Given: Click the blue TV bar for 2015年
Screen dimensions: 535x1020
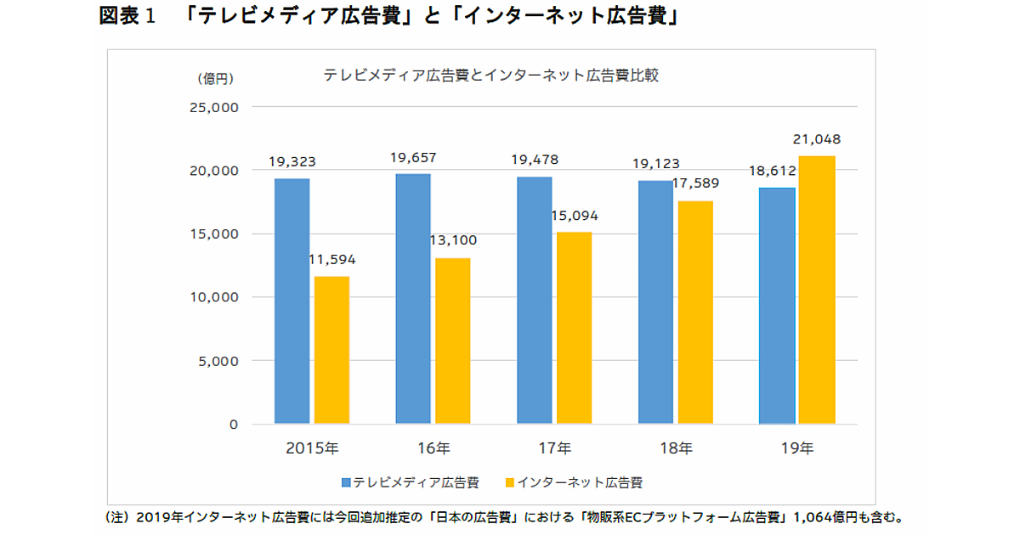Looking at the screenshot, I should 292,301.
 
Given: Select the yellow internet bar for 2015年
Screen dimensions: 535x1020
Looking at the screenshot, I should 331,350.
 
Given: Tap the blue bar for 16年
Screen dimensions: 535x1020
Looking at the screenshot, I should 413,298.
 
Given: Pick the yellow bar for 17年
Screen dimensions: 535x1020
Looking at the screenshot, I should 574,328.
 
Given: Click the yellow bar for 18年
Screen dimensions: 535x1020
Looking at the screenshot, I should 695,312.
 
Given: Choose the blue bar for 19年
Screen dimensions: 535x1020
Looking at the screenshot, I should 777,306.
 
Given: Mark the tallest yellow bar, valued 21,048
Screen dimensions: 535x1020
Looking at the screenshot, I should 817,290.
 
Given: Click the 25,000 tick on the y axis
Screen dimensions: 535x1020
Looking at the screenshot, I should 217,108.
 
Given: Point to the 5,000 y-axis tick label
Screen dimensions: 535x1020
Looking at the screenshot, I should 220,361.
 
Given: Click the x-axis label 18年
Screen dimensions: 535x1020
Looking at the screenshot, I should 675,448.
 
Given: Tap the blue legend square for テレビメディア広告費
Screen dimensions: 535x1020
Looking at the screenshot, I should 347,483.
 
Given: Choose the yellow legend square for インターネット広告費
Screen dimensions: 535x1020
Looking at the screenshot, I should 510,483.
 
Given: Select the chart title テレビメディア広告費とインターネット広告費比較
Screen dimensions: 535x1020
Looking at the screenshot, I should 491,75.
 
